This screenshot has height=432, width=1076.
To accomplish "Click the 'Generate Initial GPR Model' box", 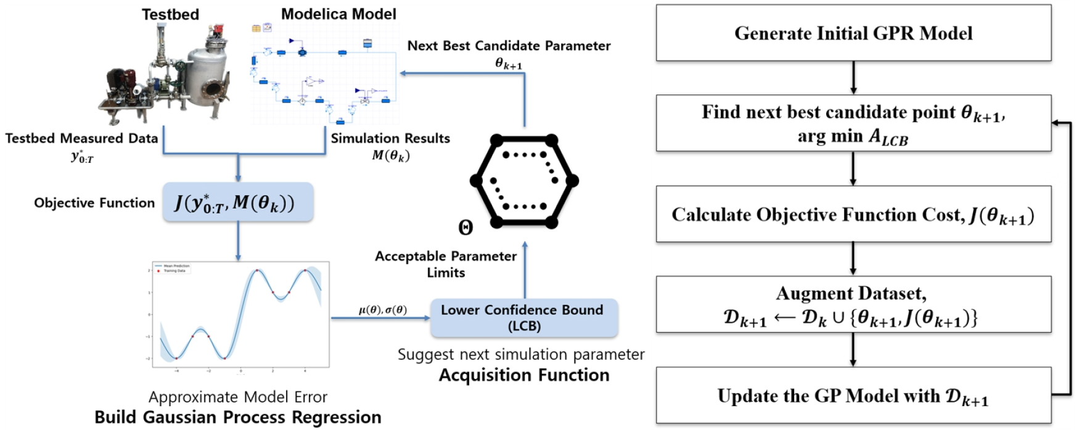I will point(853,33).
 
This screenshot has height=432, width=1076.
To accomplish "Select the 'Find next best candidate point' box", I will point(853,123).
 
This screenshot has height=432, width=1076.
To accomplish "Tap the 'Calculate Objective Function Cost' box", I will point(853,214).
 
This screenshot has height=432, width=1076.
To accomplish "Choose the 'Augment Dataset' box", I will point(853,305).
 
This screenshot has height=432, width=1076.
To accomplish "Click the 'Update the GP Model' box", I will point(853,396).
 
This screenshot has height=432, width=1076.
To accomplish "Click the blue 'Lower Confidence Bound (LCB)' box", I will point(524,318).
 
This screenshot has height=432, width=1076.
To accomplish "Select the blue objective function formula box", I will point(237,202).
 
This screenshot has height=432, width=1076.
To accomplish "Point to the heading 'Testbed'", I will point(170,14).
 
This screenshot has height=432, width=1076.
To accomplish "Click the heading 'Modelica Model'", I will point(339,14).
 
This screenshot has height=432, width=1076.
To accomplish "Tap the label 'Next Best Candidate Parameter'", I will point(509,46).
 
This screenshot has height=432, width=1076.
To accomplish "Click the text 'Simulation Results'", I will point(390,138).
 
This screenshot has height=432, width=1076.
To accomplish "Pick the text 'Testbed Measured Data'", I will point(81,138).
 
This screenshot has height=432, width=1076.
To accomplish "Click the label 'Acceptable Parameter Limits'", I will point(446,264).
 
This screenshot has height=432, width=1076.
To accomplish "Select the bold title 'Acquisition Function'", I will point(524,375).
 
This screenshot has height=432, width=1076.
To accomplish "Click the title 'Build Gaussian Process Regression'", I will point(237,417).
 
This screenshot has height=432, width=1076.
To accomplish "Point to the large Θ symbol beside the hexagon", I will point(466,228).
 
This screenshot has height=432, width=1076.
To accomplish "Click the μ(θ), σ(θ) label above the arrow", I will point(382,310).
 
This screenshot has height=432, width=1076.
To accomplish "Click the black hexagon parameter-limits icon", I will point(524,180).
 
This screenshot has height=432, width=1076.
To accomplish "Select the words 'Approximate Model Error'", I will point(237,397).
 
